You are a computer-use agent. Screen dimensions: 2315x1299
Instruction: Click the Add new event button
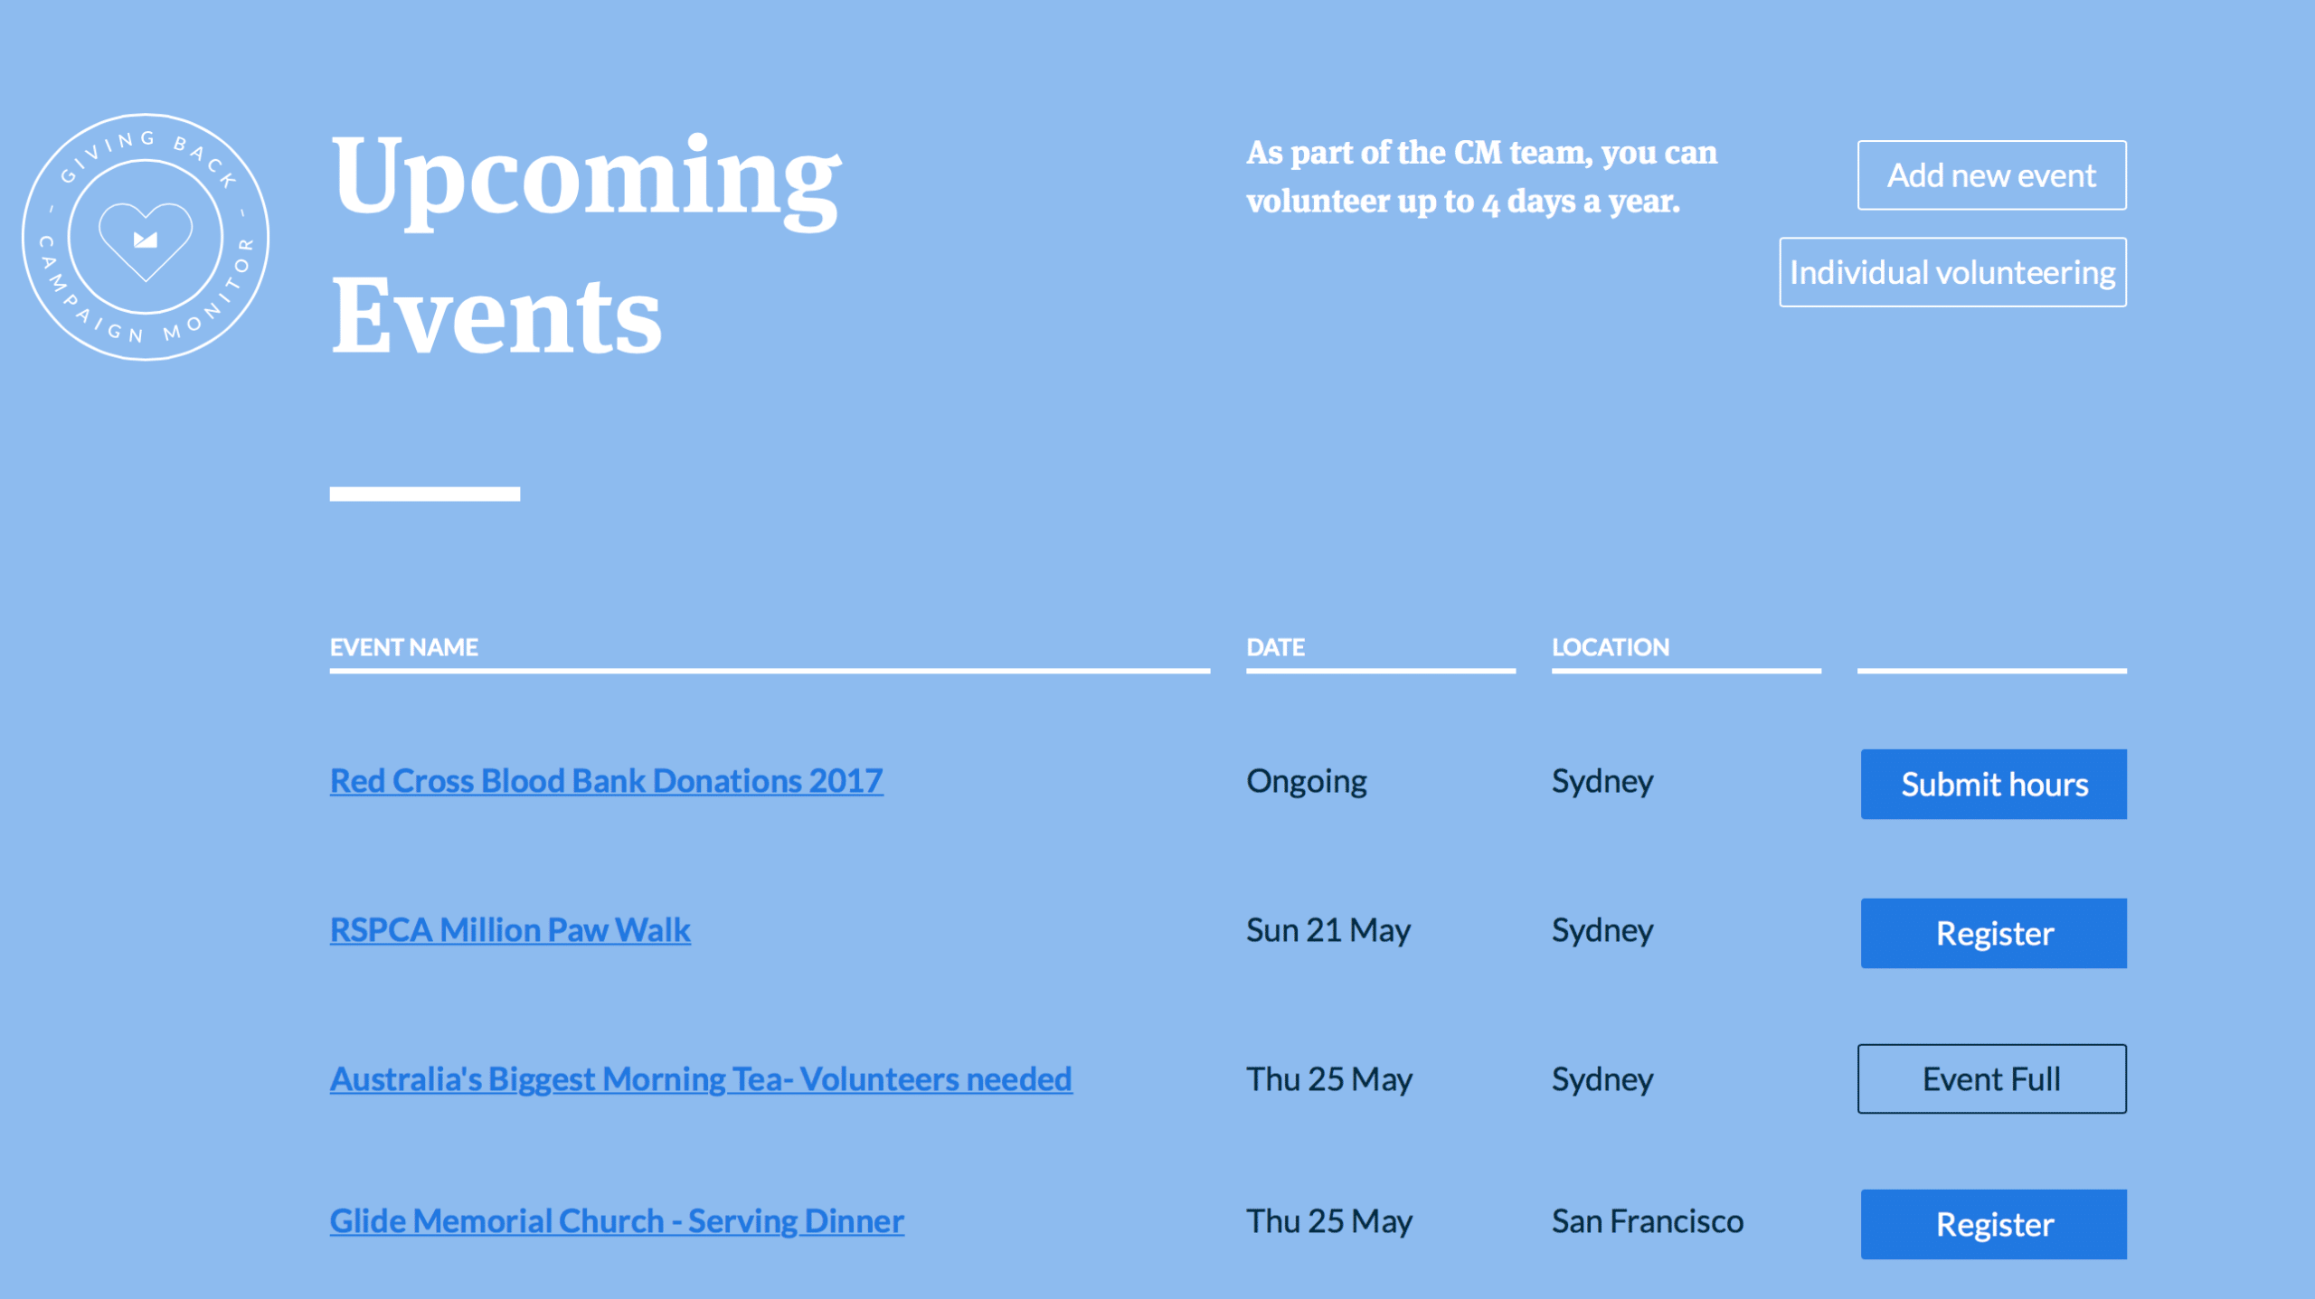[x=1991, y=175]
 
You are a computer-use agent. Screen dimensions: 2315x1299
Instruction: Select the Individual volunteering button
[x=1952, y=272]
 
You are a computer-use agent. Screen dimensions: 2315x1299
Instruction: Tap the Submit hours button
[x=1993, y=784]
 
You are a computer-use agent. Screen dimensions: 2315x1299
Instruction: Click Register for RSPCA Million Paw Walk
[x=1993, y=933]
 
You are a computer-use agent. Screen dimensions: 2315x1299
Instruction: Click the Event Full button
[x=1991, y=1078]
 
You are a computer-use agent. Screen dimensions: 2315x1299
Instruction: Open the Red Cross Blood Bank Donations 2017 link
[x=606, y=781]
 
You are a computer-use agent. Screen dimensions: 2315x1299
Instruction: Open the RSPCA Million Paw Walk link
[x=510, y=930]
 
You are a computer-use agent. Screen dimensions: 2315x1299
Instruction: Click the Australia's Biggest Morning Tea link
[x=701, y=1079]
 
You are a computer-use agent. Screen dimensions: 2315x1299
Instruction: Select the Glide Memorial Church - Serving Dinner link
[x=617, y=1221]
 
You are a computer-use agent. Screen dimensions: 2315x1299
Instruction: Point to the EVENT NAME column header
[x=404, y=647]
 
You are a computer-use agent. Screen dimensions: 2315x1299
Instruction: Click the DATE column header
[x=1275, y=647]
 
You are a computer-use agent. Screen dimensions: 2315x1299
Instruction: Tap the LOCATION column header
[x=1611, y=647]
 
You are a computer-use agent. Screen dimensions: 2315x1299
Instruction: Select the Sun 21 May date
[x=1328, y=930]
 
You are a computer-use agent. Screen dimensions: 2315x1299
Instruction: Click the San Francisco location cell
[x=1648, y=1221]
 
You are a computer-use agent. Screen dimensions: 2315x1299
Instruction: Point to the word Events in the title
[x=496, y=316]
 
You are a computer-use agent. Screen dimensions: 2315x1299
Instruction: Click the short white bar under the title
[x=425, y=494]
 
